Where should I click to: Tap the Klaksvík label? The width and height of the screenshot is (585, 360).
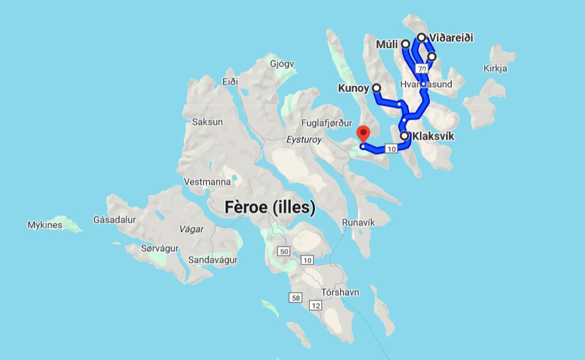pos(434,136)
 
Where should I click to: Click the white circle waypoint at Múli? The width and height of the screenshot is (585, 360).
pos(406,44)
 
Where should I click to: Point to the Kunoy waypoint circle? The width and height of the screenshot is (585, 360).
pos(376,88)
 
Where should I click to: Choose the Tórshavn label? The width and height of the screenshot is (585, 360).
pos(341,292)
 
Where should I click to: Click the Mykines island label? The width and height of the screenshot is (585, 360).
pos(45,225)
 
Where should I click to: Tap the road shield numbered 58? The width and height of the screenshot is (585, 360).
pos(296,297)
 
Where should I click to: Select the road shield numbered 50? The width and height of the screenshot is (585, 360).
pos(283,252)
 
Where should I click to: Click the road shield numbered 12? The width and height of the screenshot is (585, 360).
pos(315,305)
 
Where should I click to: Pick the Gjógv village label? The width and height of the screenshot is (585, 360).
pos(282,64)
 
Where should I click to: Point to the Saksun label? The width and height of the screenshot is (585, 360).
pos(207,122)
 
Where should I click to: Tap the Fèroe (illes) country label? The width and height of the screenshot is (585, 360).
pos(270,207)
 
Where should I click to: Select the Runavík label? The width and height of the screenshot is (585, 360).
pos(358,222)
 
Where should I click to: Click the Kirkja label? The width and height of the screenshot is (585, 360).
pos(495,69)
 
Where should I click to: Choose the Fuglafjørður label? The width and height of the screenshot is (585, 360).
pos(327,123)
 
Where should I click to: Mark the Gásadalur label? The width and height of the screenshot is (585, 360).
pos(114,220)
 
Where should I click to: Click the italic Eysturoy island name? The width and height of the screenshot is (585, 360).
pos(303,140)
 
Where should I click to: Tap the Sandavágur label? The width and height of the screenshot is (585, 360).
pos(212,260)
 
